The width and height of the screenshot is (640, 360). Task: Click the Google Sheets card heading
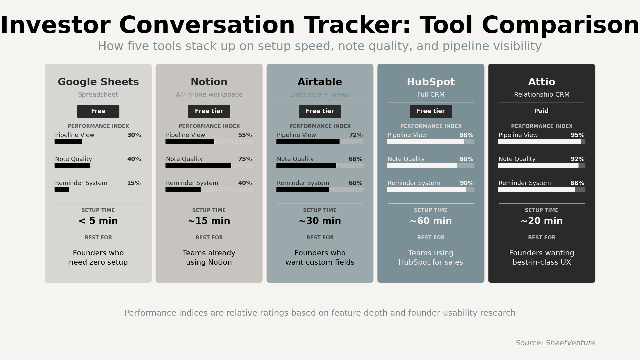tap(98, 82)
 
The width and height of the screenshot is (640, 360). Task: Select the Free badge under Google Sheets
tap(98, 111)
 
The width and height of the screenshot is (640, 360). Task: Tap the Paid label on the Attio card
tap(541, 111)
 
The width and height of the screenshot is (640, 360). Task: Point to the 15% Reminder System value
tap(134, 183)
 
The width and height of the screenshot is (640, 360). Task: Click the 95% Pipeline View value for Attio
tap(577, 135)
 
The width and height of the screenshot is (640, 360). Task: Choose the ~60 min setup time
tap(431, 221)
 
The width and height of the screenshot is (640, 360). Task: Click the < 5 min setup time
tap(98, 221)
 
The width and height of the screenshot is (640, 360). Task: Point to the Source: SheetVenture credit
tap(555, 343)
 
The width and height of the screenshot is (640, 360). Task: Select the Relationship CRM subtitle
tap(541, 95)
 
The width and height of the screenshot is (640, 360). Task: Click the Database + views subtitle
tap(320, 95)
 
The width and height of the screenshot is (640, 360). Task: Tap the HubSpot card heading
tap(431, 82)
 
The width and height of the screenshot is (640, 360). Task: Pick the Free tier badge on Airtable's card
tap(320, 111)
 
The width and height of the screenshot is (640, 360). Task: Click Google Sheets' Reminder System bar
tap(62, 190)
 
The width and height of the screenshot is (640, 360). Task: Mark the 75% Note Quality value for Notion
tap(245, 159)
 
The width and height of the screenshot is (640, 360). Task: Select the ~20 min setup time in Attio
tap(541, 221)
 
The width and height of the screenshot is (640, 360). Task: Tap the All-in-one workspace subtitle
tap(209, 95)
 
